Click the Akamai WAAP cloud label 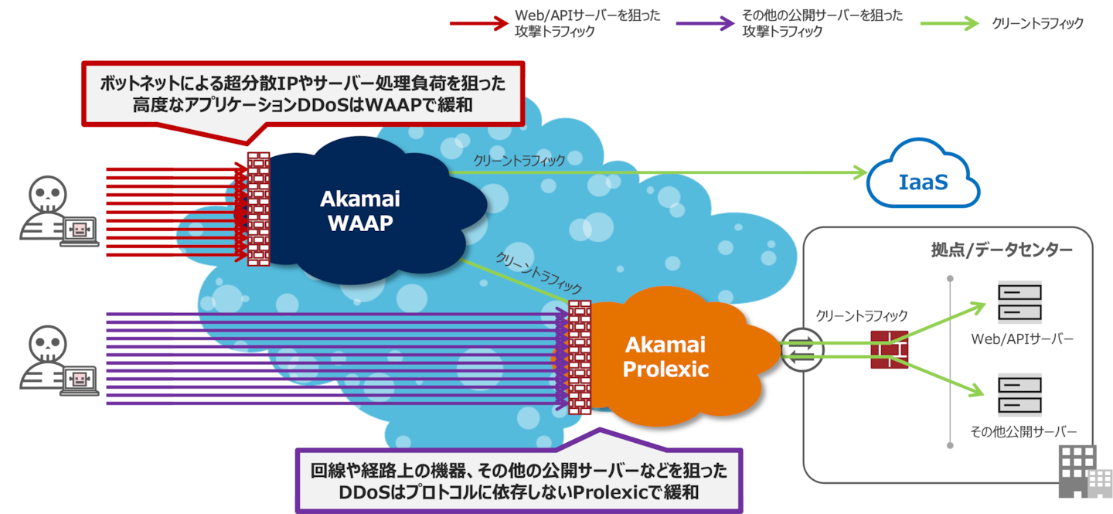pos(359,211)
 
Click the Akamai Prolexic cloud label pos(665,356)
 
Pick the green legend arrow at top pos(950,23)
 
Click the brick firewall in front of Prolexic pos(579,357)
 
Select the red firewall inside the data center pos(889,350)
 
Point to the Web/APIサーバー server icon pos(1019,302)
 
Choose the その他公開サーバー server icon pos(1019,394)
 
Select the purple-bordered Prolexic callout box pos(519,480)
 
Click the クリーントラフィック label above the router pos(861,315)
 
